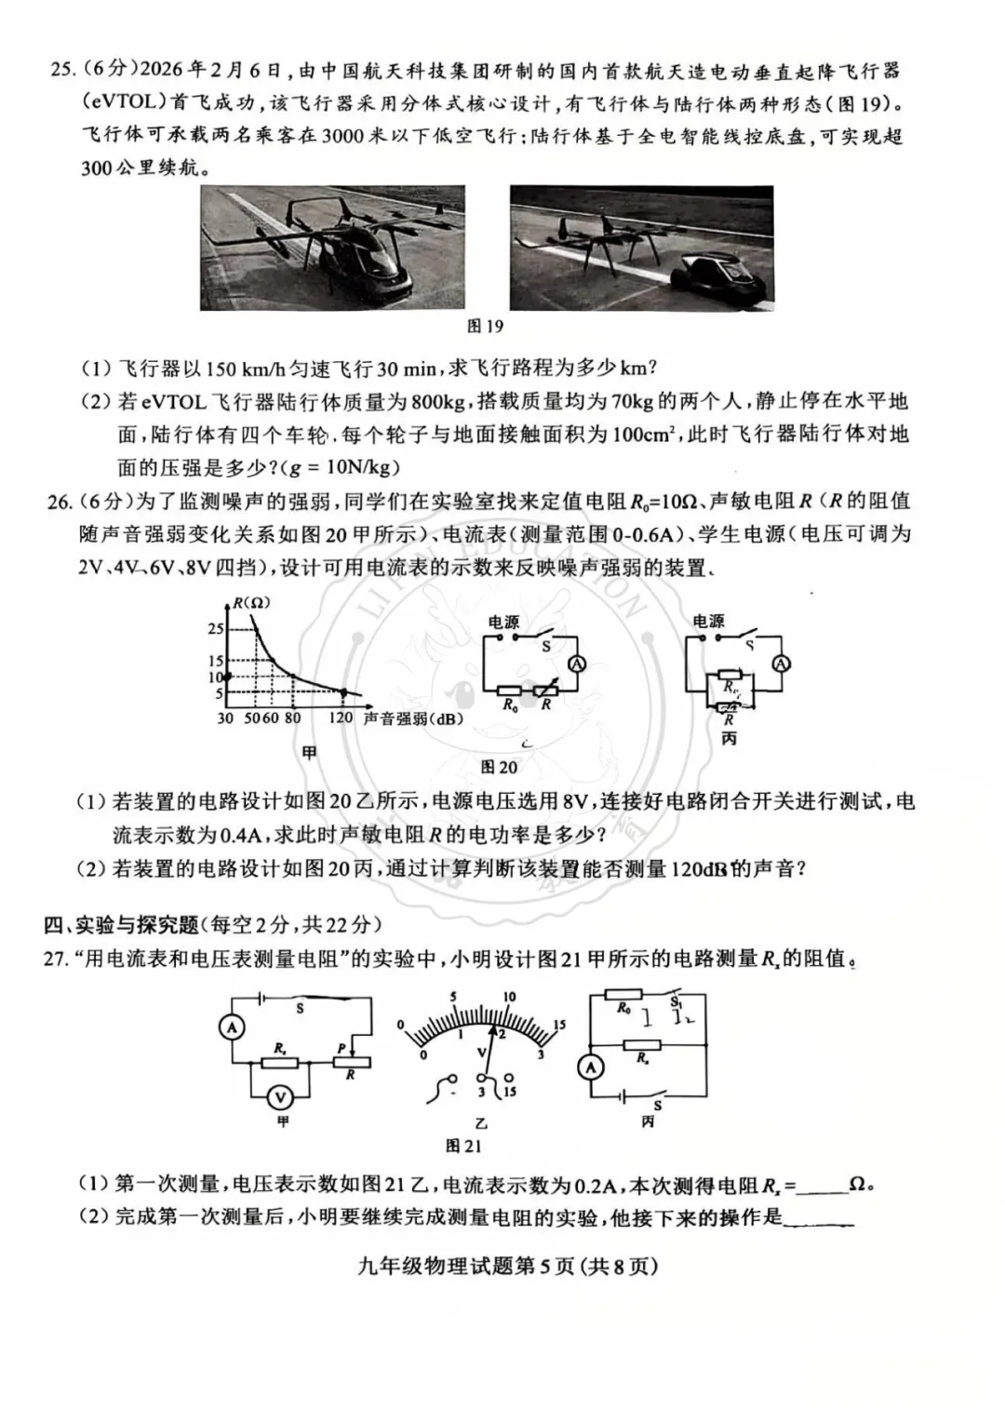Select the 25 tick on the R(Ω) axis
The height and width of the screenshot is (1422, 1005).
(215, 629)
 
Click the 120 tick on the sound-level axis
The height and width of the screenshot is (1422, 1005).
(342, 718)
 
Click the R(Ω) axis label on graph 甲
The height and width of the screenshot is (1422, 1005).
(250, 602)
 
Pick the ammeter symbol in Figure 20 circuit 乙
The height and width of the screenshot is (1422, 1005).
(576, 664)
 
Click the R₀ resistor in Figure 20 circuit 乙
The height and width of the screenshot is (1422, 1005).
(510, 690)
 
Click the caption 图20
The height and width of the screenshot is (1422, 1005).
(499, 767)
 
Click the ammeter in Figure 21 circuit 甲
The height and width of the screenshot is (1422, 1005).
(232, 1026)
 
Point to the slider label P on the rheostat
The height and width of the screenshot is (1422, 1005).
(342, 1049)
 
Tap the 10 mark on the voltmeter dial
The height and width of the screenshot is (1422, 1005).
(508, 997)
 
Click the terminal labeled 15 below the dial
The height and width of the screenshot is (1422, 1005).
(509, 1091)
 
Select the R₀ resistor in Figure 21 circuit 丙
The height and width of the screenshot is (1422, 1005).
(624, 1008)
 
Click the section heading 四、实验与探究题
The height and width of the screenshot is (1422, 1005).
(121, 924)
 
